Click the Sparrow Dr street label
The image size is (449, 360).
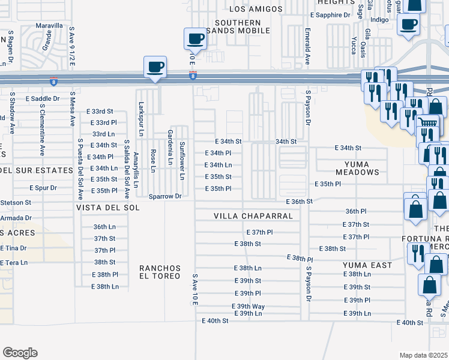click(x=165, y=196)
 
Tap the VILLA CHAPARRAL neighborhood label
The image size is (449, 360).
click(x=253, y=216)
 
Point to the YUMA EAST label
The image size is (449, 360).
click(x=367, y=265)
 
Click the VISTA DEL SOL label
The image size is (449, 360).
click(x=107, y=207)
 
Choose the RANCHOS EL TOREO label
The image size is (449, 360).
click(x=160, y=272)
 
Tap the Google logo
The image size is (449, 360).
click(x=20, y=353)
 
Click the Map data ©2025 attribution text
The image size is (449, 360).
click(x=423, y=355)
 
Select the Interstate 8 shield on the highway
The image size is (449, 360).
click(x=192, y=76)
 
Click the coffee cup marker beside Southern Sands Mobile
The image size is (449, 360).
click(x=196, y=40)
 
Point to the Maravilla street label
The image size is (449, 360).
click(x=49, y=26)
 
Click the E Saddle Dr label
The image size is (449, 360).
click(x=43, y=98)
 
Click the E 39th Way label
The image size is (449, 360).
click(x=249, y=306)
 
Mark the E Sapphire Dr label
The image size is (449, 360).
click(x=330, y=15)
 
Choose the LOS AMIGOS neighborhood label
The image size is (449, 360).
click(x=256, y=8)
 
